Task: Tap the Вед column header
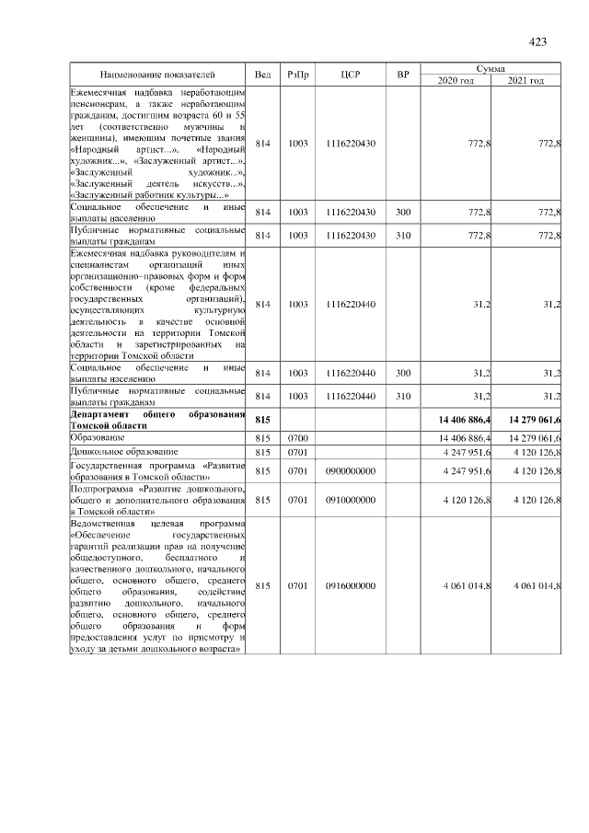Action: tap(262, 74)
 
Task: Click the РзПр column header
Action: tap(298, 74)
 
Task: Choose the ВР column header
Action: tap(402, 74)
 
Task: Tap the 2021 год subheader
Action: tap(525, 81)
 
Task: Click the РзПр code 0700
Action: tap(298, 438)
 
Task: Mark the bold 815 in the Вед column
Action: tap(262, 421)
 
